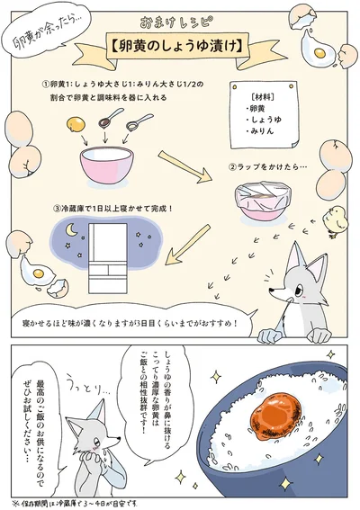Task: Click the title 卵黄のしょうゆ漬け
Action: [x=180, y=43]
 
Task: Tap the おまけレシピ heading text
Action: [x=180, y=19]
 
